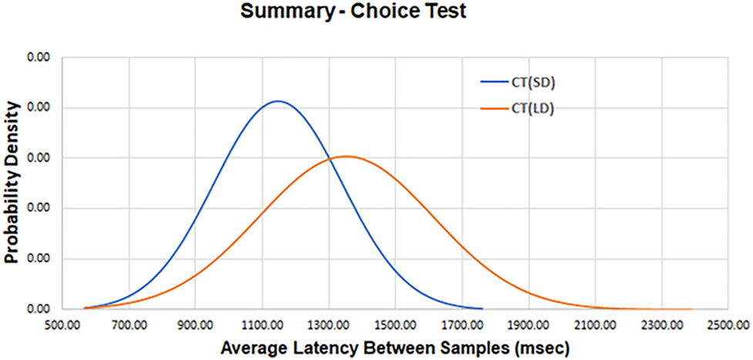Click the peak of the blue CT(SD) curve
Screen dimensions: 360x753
click(x=277, y=101)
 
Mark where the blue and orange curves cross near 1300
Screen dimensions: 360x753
click(x=331, y=159)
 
